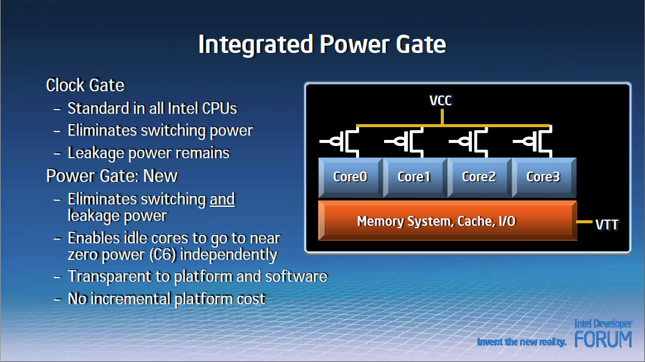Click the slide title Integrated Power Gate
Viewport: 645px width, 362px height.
pos(322,44)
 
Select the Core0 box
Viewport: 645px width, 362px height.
pos(351,177)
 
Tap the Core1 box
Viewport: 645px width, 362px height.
pos(415,177)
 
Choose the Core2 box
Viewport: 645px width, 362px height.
pos(479,177)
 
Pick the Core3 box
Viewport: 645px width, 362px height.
pos(544,177)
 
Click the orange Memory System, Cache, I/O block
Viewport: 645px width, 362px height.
pos(447,221)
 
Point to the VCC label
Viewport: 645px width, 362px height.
pos(441,100)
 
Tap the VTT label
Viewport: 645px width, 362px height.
pos(607,225)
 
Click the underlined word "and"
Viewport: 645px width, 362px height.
pos(222,200)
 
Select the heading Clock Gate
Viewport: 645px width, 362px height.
pos(85,85)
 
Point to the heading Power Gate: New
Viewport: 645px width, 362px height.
pos(112,176)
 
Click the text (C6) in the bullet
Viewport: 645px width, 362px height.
pos(163,255)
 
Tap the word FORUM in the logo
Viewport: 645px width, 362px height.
pos(603,339)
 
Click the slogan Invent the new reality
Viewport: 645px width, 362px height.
pos(522,342)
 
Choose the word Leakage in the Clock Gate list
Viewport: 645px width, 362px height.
pos(96,153)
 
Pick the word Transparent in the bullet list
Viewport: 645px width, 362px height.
pos(109,277)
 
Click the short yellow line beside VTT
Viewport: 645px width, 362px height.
pos(585,222)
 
